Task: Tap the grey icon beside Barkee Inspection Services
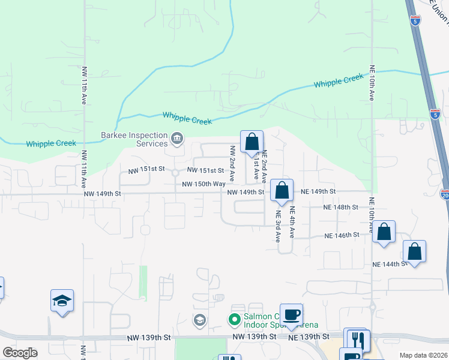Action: tap(177, 139)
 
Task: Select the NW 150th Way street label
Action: tap(203, 184)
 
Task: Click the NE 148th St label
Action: tap(340, 207)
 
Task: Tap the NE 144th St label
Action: tap(389, 264)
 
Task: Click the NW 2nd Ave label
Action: tap(232, 159)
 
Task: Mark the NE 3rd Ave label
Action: tap(278, 226)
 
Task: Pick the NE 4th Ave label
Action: tap(292, 221)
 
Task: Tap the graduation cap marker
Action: tap(62, 300)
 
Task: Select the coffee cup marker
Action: tap(291, 314)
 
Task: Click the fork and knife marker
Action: tap(358, 339)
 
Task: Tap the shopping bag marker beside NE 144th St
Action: tap(414, 251)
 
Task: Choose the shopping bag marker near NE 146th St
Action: tap(384, 232)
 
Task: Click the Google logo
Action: tap(20, 353)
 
